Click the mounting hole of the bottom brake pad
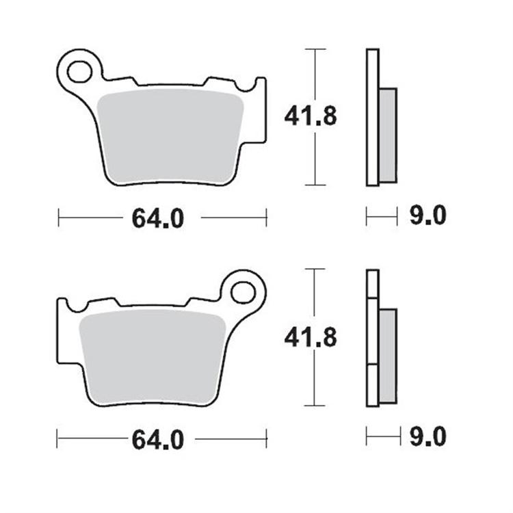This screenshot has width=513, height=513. [243, 291]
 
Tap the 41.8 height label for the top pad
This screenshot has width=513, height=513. [311, 117]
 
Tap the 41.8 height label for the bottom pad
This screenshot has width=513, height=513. [311, 337]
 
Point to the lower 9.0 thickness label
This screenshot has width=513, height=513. [428, 436]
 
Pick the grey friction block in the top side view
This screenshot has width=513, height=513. [387, 135]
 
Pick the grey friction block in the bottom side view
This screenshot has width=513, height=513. [387, 356]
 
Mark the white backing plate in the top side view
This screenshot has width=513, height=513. [372, 117]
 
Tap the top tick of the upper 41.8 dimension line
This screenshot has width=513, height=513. [314, 49]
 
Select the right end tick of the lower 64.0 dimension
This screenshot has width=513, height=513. [266, 438]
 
